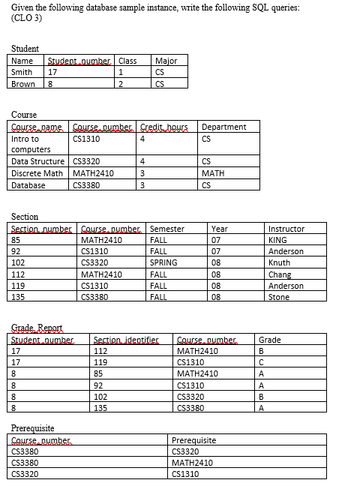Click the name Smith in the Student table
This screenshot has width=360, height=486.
coord(22,72)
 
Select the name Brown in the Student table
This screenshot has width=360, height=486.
coord(22,83)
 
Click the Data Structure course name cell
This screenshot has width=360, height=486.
coord(38,161)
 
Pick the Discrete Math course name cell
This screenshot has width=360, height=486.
coord(37,172)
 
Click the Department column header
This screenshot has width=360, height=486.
coord(223,127)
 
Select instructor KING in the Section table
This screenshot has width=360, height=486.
coord(277,240)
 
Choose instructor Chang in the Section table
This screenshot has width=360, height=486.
coord(279,274)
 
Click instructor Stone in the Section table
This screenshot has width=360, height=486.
coord(278,297)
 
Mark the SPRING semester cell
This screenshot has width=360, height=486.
coord(163,262)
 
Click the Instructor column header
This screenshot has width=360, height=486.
coord(286,228)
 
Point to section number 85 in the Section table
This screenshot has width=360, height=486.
coord(16,240)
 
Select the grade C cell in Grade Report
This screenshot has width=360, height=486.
coord(260,362)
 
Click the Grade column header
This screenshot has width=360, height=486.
coord(269,340)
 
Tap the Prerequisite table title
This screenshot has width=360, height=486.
coord(33,428)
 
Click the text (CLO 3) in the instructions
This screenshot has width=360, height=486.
coord(27,18)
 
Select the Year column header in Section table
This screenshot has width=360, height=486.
coord(220,228)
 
